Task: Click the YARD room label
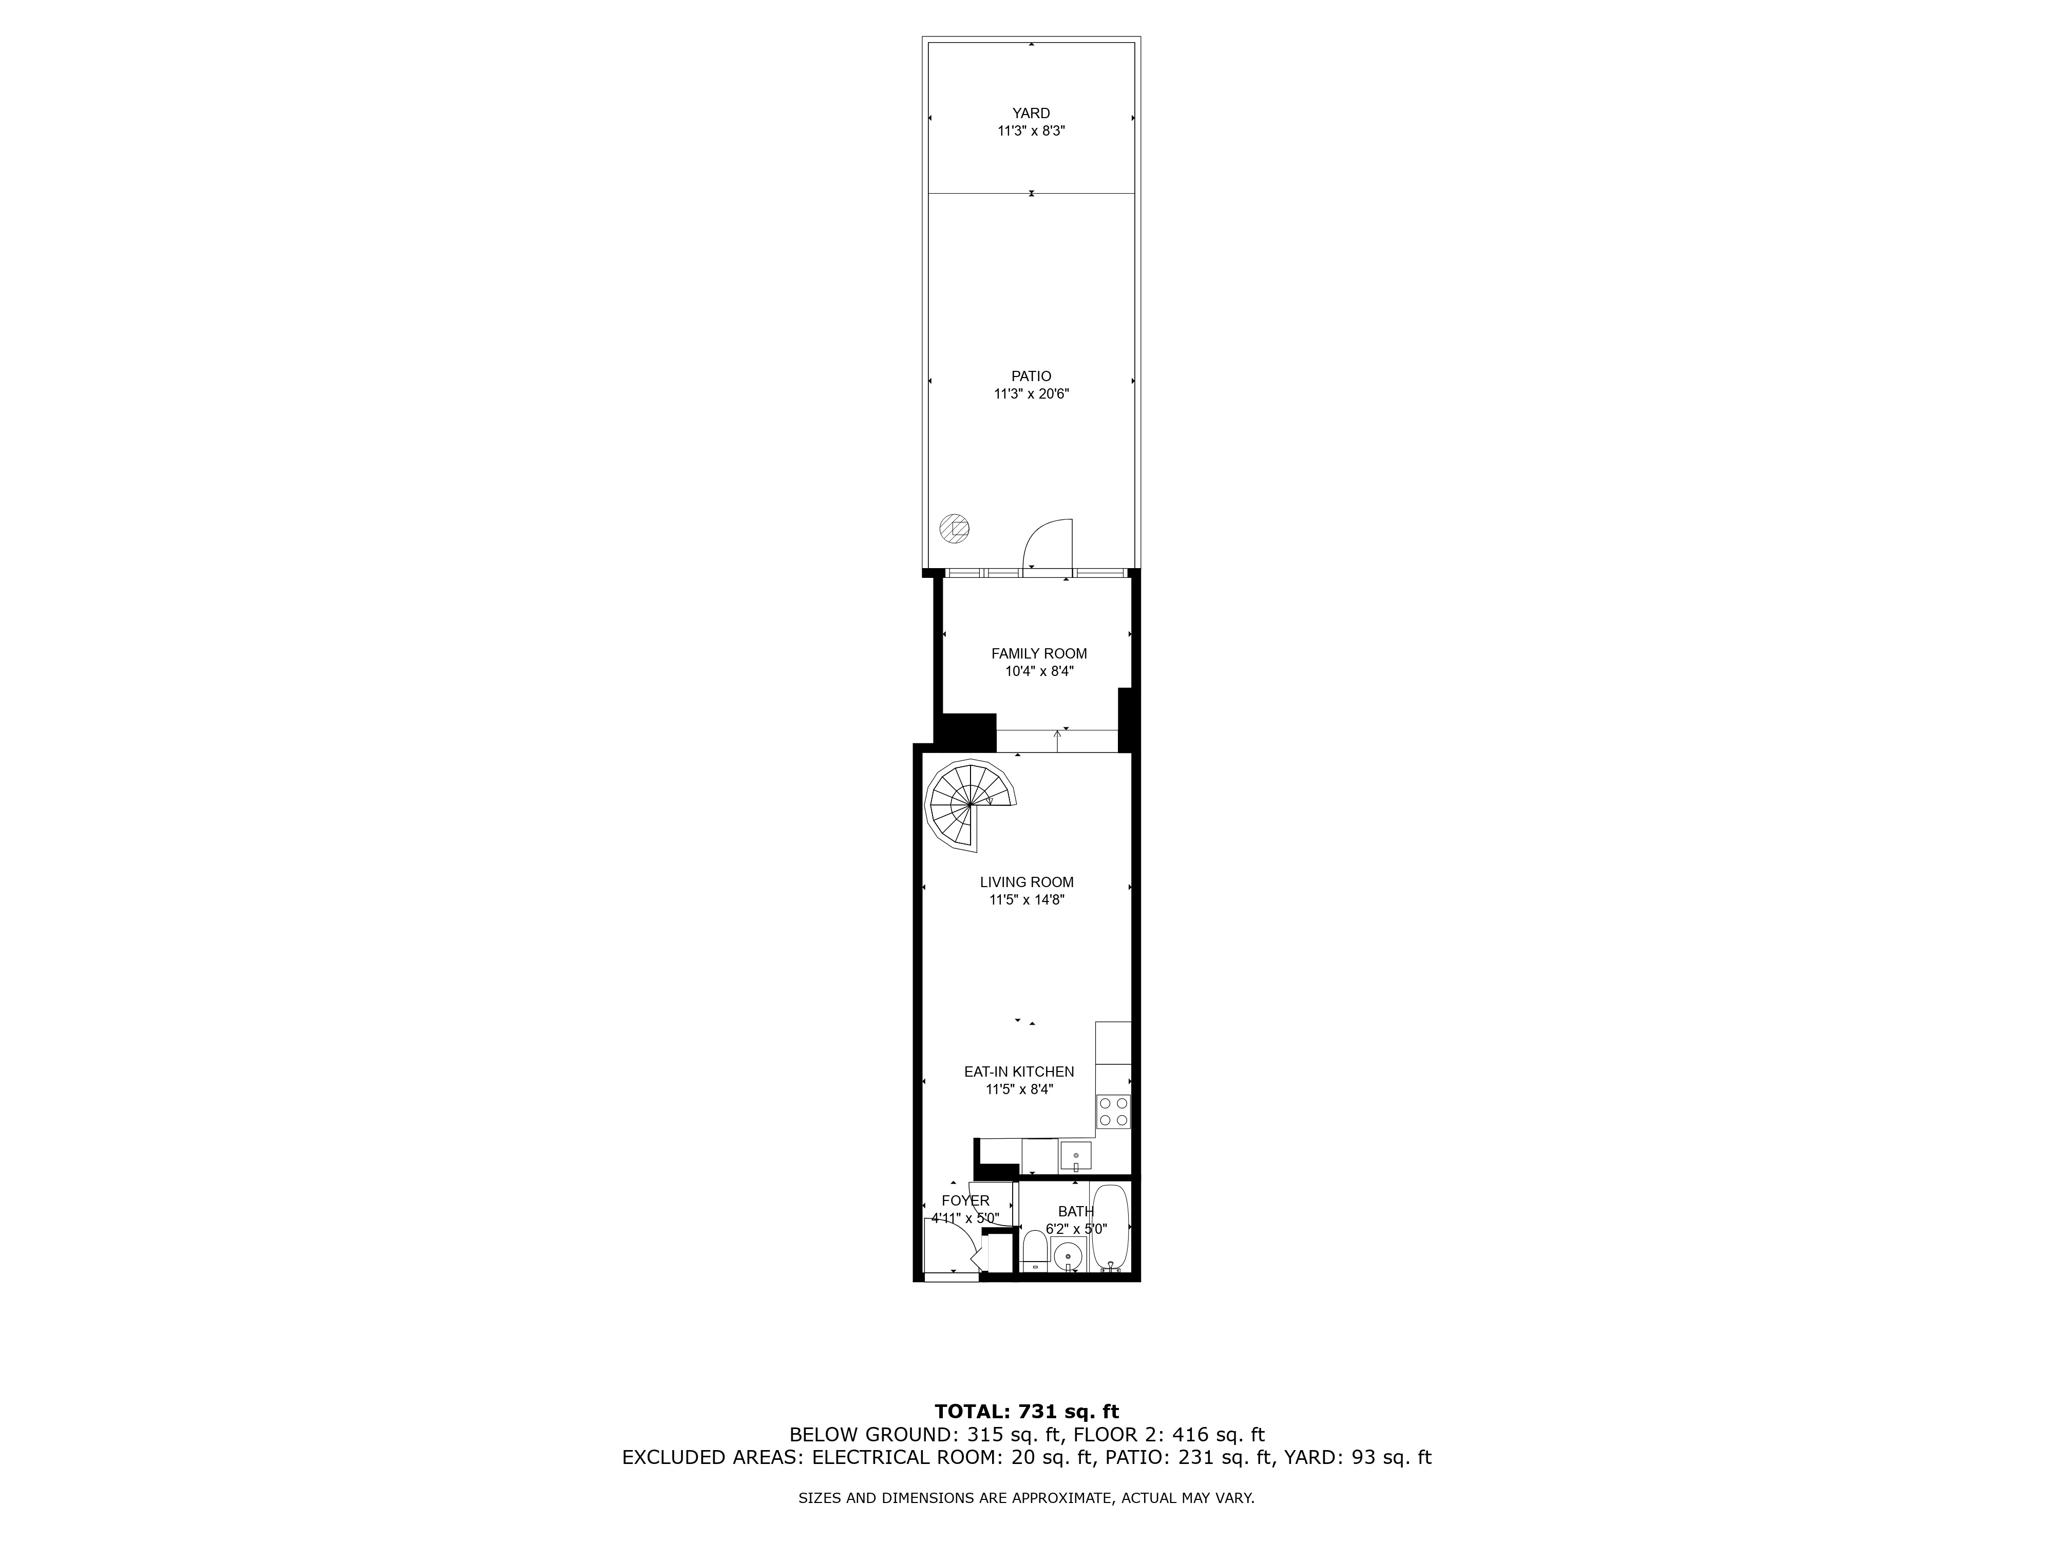1031,114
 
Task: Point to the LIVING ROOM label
1027,882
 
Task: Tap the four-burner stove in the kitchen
1113,1112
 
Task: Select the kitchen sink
1076,1156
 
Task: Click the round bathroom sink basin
1069,1255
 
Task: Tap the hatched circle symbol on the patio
954,529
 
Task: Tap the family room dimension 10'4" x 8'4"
1039,671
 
